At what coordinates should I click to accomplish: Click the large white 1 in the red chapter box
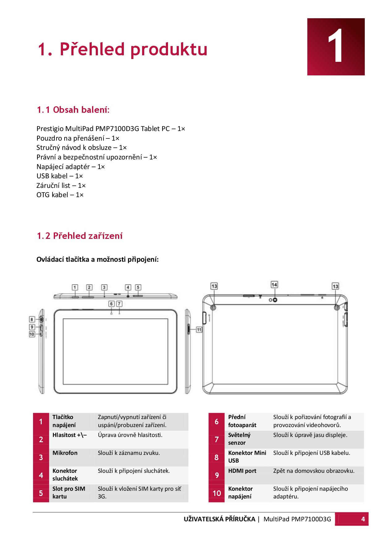point(335,47)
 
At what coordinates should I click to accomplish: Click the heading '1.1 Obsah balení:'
point(73,110)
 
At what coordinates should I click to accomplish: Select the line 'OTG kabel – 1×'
point(60,195)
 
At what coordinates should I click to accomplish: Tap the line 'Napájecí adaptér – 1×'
point(70,167)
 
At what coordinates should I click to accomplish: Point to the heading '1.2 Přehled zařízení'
point(80,236)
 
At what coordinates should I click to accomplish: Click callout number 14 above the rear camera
point(274,284)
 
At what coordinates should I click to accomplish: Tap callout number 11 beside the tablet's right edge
point(199,330)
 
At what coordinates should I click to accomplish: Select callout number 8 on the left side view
point(32,319)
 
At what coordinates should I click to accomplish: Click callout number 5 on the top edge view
point(138,287)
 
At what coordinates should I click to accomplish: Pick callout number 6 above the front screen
point(112,304)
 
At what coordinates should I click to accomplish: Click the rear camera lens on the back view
point(275,300)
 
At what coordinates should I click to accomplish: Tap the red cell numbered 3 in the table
point(41,457)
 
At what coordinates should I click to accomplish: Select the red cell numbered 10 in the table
point(217,493)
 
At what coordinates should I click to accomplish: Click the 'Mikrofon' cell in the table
point(65,453)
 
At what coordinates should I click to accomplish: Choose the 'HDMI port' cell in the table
point(242,471)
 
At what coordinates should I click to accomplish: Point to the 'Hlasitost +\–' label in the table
point(69,435)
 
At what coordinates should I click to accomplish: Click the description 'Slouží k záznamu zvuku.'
point(129,453)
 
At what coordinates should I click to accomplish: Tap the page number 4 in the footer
point(363,519)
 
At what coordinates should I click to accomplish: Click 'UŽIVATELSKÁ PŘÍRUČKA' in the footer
point(219,519)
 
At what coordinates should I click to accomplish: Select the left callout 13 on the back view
point(214,286)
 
